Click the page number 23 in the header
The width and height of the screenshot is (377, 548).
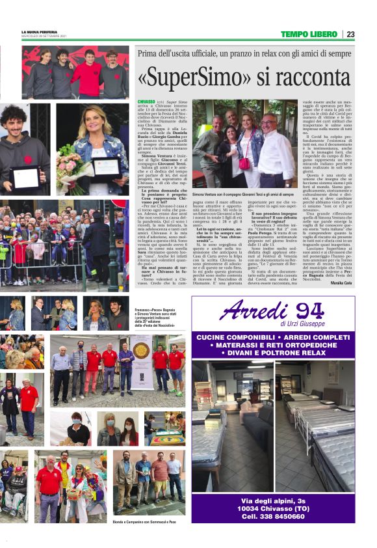[350, 34]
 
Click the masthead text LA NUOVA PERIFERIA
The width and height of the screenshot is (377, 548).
[40, 31]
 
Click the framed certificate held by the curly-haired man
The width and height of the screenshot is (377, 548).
[27, 176]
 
